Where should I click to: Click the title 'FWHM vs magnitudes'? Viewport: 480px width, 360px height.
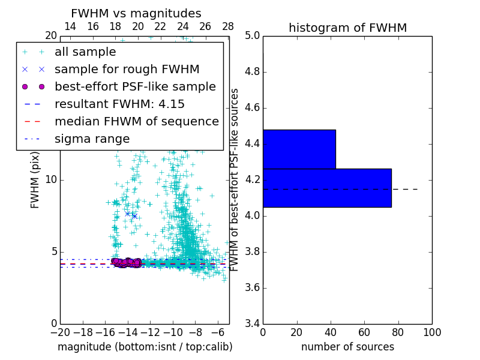[136, 14]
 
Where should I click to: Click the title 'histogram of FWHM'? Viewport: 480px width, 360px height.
[347, 28]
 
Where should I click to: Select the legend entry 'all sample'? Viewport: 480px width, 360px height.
[85, 52]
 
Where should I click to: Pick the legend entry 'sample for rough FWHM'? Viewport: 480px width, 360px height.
[127, 70]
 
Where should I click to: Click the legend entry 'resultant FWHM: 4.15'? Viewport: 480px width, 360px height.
[119, 104]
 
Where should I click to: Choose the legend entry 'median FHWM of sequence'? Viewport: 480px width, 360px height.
[136, 122]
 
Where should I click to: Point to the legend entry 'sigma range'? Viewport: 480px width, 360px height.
[92, 139]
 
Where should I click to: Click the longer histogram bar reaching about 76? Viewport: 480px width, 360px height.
[327, 188]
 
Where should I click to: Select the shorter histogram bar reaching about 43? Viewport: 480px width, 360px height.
[299, 149]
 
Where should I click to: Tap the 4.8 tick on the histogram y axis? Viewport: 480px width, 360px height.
[252, 72]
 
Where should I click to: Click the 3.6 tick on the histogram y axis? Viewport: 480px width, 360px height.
[252, 288]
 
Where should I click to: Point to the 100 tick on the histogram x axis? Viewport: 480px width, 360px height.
[431, 332]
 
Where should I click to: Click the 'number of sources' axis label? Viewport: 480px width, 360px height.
[347, 347]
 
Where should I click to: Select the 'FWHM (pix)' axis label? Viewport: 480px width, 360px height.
[35, 180]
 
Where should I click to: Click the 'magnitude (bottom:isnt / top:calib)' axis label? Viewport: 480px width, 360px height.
[145, 347]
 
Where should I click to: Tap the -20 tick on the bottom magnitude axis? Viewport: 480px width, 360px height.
[60, 332]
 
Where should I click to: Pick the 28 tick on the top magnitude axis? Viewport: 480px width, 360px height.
[228, 26]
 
